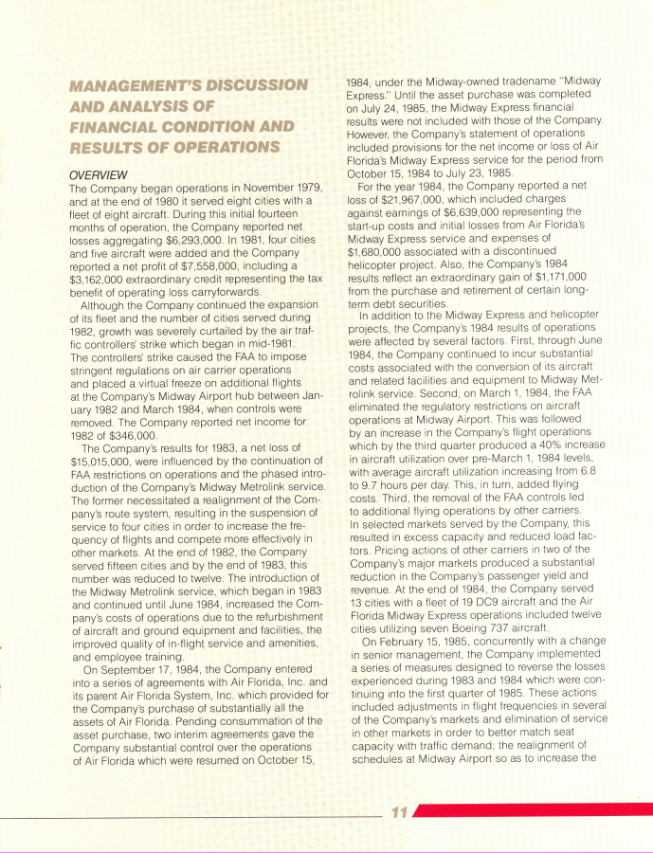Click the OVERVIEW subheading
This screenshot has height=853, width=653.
pyautogui.click(x=100, y=175)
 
